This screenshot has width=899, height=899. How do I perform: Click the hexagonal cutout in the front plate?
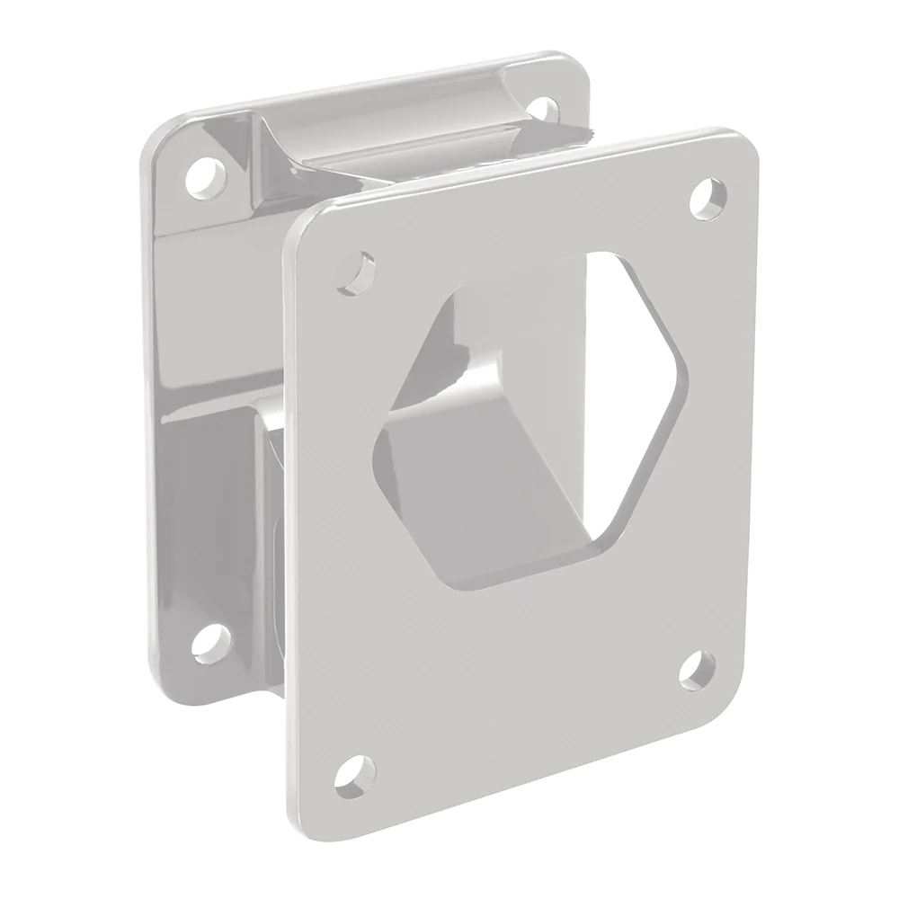tap(530, 414)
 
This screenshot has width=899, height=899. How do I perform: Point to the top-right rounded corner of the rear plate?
tap(577, 63)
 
